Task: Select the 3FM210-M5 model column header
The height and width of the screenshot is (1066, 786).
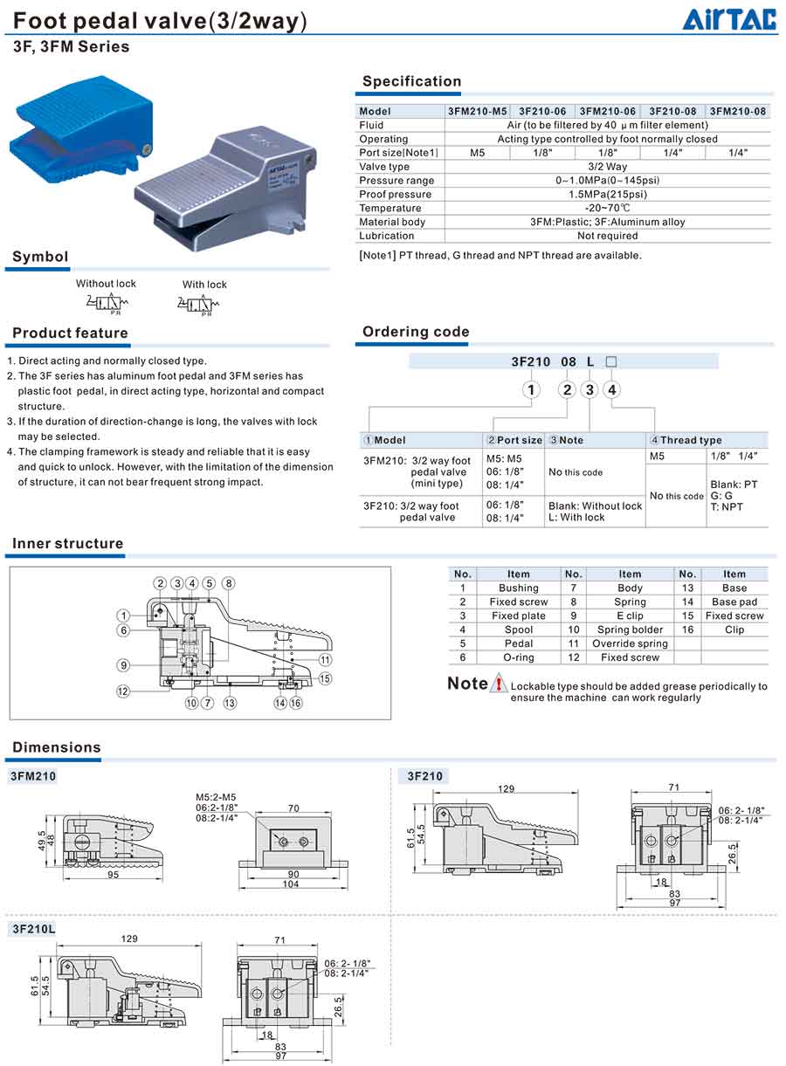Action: tap(476, 111)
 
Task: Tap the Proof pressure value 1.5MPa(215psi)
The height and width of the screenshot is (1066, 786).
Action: tap(608, 194)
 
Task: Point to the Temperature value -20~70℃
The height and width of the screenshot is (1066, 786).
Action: tap(608, 208)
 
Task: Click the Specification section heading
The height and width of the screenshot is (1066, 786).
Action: tap(411, 81)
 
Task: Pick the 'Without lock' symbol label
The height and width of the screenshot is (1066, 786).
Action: tap(106, 283)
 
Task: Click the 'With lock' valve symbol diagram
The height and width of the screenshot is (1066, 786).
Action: tap(204, 304)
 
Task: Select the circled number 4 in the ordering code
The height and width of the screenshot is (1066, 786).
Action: tap(612, 389)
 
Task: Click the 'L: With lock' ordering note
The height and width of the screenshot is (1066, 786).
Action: tap(576, 518)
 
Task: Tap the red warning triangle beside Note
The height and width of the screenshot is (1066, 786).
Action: tap(499, 684)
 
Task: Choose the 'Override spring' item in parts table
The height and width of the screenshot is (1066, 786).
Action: tap(629, 643)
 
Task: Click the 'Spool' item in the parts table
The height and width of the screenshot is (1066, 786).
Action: tap(518, 629)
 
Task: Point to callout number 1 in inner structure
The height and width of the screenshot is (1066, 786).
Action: tap(125, 616)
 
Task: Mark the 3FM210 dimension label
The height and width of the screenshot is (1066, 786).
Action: tap(33, 775)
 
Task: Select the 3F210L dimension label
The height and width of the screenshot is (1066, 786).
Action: tap(33, 929)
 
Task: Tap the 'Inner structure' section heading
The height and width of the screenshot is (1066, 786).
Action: tap(67, 543)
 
